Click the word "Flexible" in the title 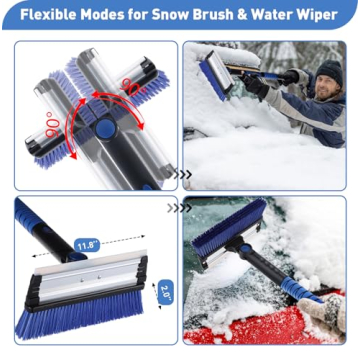[44, 16]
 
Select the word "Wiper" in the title [321, 16]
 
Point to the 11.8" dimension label [87, 243]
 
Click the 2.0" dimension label [165, 291]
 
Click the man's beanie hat [329, 71]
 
